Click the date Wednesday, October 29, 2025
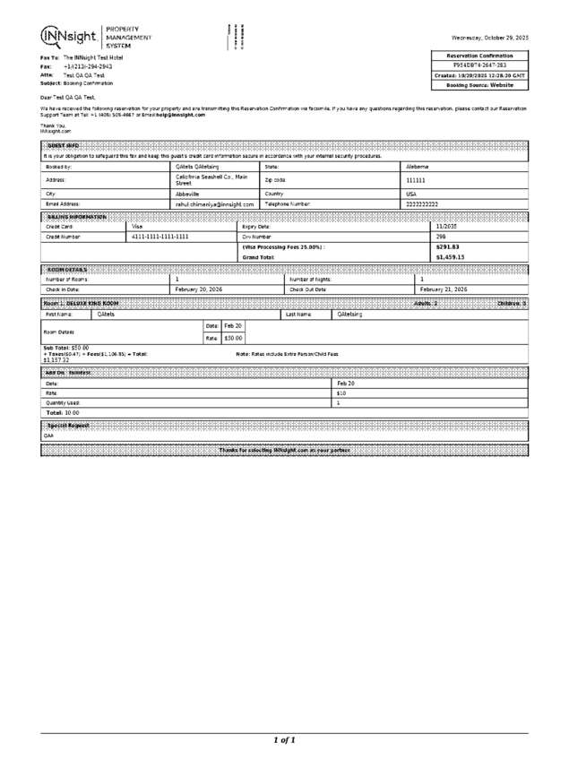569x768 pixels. pyautogui.click(x=489, y=37)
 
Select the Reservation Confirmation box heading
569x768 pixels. pyautogui.click(x=480, y=56)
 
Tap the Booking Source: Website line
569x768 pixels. pyautogui.click(x=480, y=85)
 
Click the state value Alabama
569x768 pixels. pyautogui.click(x=418, y=167)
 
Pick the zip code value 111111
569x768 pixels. pyautogui.click(x=416, y=180)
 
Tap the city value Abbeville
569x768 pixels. pyautogui.click(x=187, y=193)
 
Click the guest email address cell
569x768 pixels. pyautogui.click(x=214, y=204)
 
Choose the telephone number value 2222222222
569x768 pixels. pyautogui.click(x=422, y=204)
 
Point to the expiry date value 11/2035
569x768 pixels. pyautogui.click(x=447, y=227)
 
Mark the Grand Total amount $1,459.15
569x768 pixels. pyautogui.click(x=450, y=257)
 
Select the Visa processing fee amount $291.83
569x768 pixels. pyautogui.click(x=447, y=246)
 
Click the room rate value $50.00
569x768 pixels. pyautogui.click(x=233, y=338)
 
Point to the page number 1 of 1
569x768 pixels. pyautogui.click(x=284, y=740)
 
